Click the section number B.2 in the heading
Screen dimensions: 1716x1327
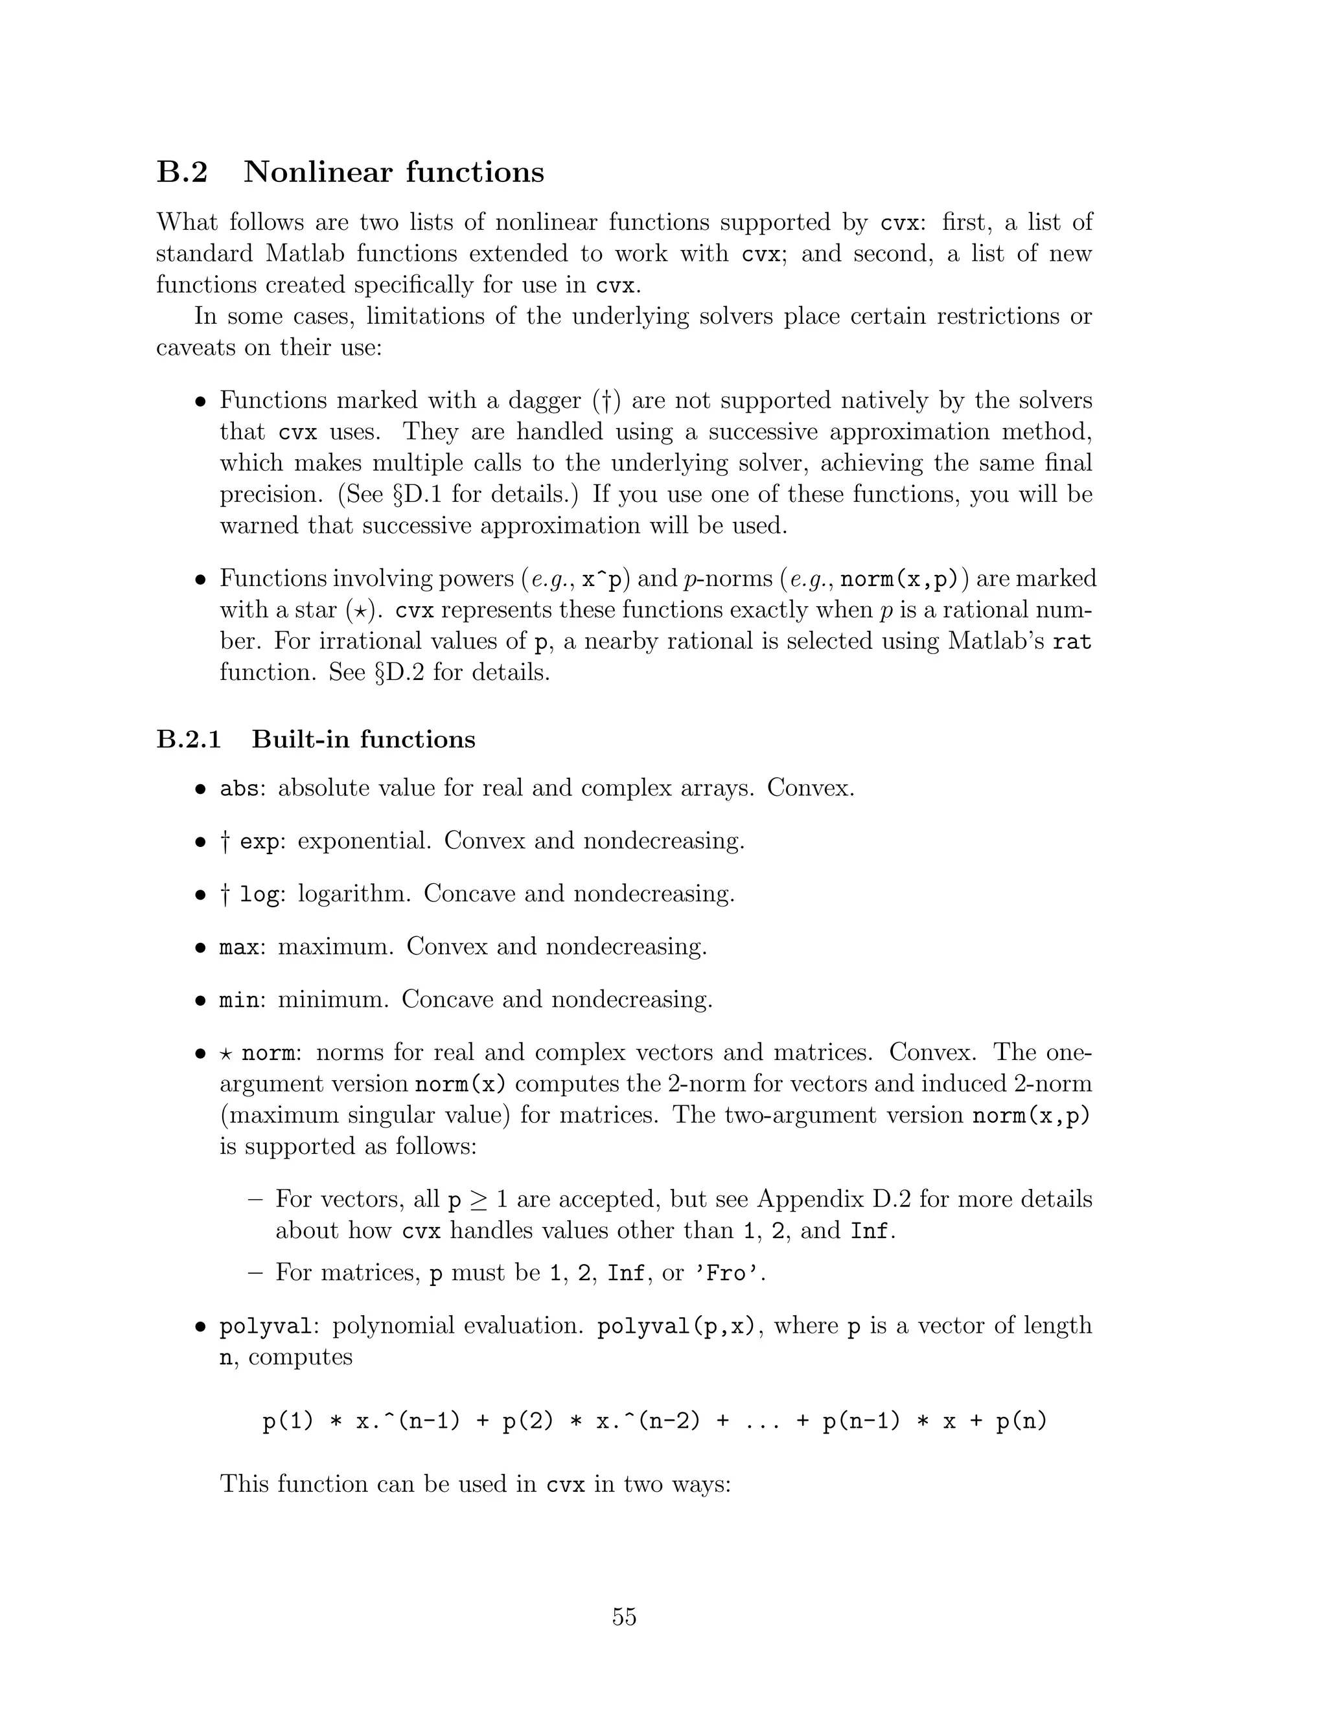click(x=181, y=172)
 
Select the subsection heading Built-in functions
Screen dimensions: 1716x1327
click(x=363, y=739)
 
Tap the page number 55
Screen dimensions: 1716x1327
click(x=624, y=1617)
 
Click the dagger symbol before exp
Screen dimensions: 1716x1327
click(x=225, y=842)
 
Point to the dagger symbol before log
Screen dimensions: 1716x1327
click(x=225, y=894)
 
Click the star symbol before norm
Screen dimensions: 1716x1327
click(x=225, y=1053)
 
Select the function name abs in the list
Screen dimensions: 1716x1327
click(x=238, y=788)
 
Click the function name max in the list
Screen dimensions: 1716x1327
click(x=238, y=947)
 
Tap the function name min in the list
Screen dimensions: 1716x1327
click(x=238, y=1000)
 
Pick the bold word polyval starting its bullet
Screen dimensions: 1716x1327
click(x=266, y=1327)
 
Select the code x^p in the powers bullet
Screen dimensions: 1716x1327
click(x=601, y=579)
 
